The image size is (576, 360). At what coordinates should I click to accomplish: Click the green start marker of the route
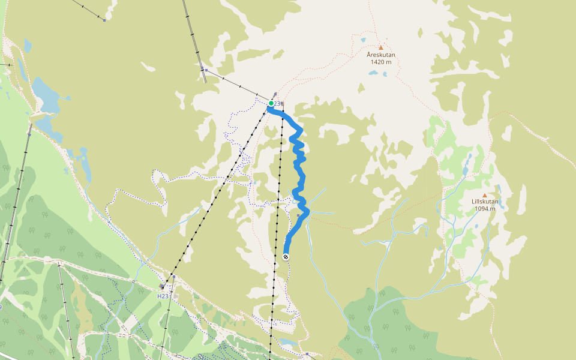pos(271,104)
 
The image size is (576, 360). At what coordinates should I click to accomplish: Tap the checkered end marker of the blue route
pos(286,257)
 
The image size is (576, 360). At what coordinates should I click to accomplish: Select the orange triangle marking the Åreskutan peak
pos(380,47)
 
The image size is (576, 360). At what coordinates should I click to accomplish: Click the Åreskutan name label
pos(381,55)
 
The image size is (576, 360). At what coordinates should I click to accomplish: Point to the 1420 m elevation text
pos(381,62)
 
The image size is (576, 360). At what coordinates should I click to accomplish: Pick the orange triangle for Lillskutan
pos(485,195)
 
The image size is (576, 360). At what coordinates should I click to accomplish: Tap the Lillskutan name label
pos(485,202)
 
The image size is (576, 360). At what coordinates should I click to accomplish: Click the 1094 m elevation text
pos(485,209)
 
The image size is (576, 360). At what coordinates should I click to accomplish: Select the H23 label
pos(163,296)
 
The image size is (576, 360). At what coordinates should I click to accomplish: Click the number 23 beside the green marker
pos(277,104)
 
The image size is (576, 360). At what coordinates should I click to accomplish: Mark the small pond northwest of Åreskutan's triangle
pos(363,40)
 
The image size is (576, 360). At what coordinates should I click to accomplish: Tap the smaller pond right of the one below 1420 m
pos(385,75)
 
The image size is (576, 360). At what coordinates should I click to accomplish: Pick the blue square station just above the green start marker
pos(275,94)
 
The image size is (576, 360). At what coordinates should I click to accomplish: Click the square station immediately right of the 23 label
pos(283,104)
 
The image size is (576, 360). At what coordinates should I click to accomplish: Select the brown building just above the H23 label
pos(162,287)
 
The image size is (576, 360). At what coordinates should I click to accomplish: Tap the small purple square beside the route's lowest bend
pos(298,215)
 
